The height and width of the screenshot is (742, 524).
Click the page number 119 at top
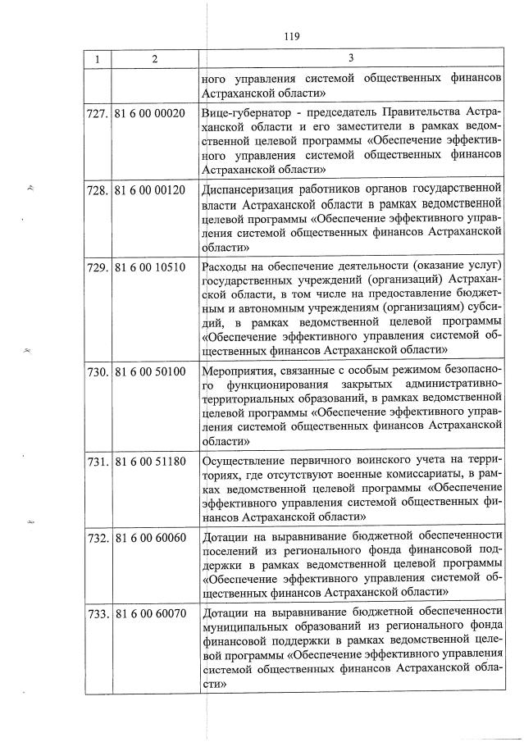[x=291, y=36]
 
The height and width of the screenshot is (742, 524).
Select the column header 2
[x=153, y=59]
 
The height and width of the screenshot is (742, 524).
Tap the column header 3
[x=350, y=59]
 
